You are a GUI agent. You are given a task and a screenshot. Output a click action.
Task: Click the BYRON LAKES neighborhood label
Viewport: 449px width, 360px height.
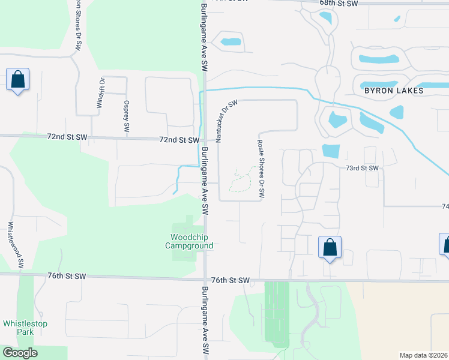click(x=394, y=91)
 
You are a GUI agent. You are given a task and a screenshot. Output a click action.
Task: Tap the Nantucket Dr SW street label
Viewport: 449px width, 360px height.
click(x=227, y=121)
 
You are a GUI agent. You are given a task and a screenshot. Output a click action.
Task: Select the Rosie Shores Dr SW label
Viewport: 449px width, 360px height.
click(x=261, y=169)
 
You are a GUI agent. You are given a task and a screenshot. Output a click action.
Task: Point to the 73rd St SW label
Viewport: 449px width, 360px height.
click(x=362, y=169)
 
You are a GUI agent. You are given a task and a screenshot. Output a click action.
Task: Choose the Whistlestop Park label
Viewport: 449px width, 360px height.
click(x=25, y=328)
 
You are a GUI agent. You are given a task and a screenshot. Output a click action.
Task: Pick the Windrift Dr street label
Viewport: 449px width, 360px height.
click(x=101, y=93)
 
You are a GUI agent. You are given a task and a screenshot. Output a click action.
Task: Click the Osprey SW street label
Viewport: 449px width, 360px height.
click(x=127, y=115)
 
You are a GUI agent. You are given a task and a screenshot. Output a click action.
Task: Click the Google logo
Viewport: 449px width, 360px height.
click(x=20, y=353)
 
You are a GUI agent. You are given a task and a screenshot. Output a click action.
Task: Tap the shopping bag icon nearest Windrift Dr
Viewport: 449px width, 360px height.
click(x=17, y=79)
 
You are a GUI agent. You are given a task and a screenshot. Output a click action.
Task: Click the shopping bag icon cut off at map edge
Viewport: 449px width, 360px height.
click(x=445, y=245)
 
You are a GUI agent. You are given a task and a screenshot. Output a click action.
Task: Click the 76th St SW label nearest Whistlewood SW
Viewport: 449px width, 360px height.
click(x=67, y=276)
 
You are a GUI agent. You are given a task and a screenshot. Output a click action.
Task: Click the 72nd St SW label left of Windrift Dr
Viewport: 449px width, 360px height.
click(x=67, y=137)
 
